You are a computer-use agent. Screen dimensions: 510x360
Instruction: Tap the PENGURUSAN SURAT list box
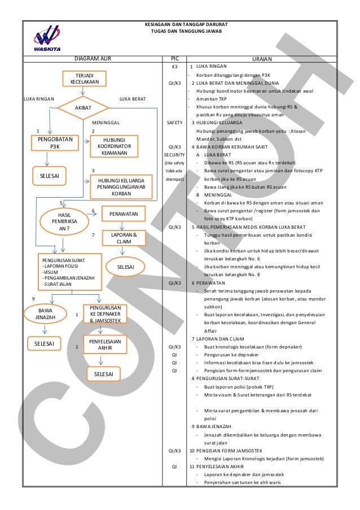pyautogui.click(x=68, y=271)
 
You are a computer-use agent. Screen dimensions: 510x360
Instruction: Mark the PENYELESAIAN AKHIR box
pyautogui.click(x=106, y=345)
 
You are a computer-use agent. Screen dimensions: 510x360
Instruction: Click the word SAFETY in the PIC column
pyautogui.click(x=174, y=123)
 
